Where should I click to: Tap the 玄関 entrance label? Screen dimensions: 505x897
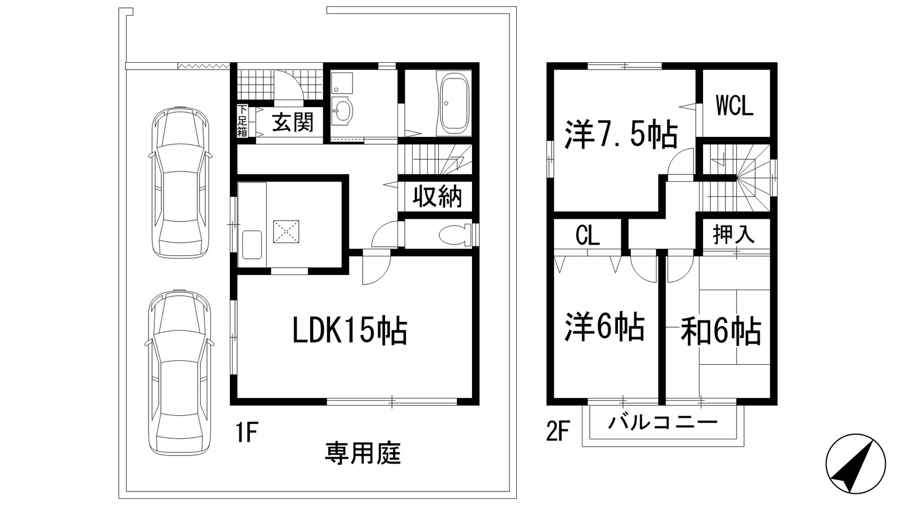click(293, 122)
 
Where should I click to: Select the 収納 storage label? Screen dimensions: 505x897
click(437, 196)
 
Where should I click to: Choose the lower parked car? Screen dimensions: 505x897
click(179, 370)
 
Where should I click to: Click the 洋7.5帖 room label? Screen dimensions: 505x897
click(621, 135)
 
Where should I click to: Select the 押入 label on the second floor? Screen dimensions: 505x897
click(734, 234)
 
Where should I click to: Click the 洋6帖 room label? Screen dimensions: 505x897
click(604, 327)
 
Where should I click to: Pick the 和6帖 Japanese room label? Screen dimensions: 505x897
click(721, 331)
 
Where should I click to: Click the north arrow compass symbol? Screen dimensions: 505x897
click(856, 463)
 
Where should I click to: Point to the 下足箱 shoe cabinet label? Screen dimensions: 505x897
click(242, 121)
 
